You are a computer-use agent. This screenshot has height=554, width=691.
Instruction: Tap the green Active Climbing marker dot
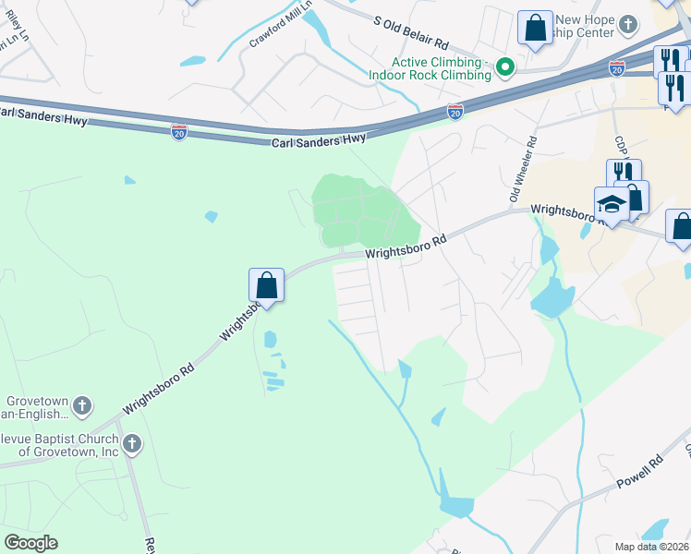(x=505, y=66)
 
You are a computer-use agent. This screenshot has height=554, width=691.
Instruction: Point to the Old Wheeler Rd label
(x=521, y=171)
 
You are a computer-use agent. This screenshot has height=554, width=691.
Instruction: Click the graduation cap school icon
(x=612, y=203)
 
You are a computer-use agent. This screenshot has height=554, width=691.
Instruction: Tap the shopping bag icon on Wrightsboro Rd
(x=266, y=284)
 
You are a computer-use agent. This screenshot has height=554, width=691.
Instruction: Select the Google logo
(x=30, y=543)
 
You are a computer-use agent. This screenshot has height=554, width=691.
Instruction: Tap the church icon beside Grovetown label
(x=82, y=404)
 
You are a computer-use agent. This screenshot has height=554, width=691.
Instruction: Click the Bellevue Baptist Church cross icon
(x=132, y=444)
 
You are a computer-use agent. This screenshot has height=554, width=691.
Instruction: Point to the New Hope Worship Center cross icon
(x=628, y=25)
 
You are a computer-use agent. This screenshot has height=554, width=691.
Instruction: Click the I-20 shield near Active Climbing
(x=455, y=111)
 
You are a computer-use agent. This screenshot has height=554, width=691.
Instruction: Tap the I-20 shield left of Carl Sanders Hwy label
(x=179, y=132)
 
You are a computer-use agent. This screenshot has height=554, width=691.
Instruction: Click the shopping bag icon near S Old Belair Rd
(x=535, y=28)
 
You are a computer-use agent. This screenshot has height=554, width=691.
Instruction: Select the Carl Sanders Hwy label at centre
(x=319, y=140)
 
